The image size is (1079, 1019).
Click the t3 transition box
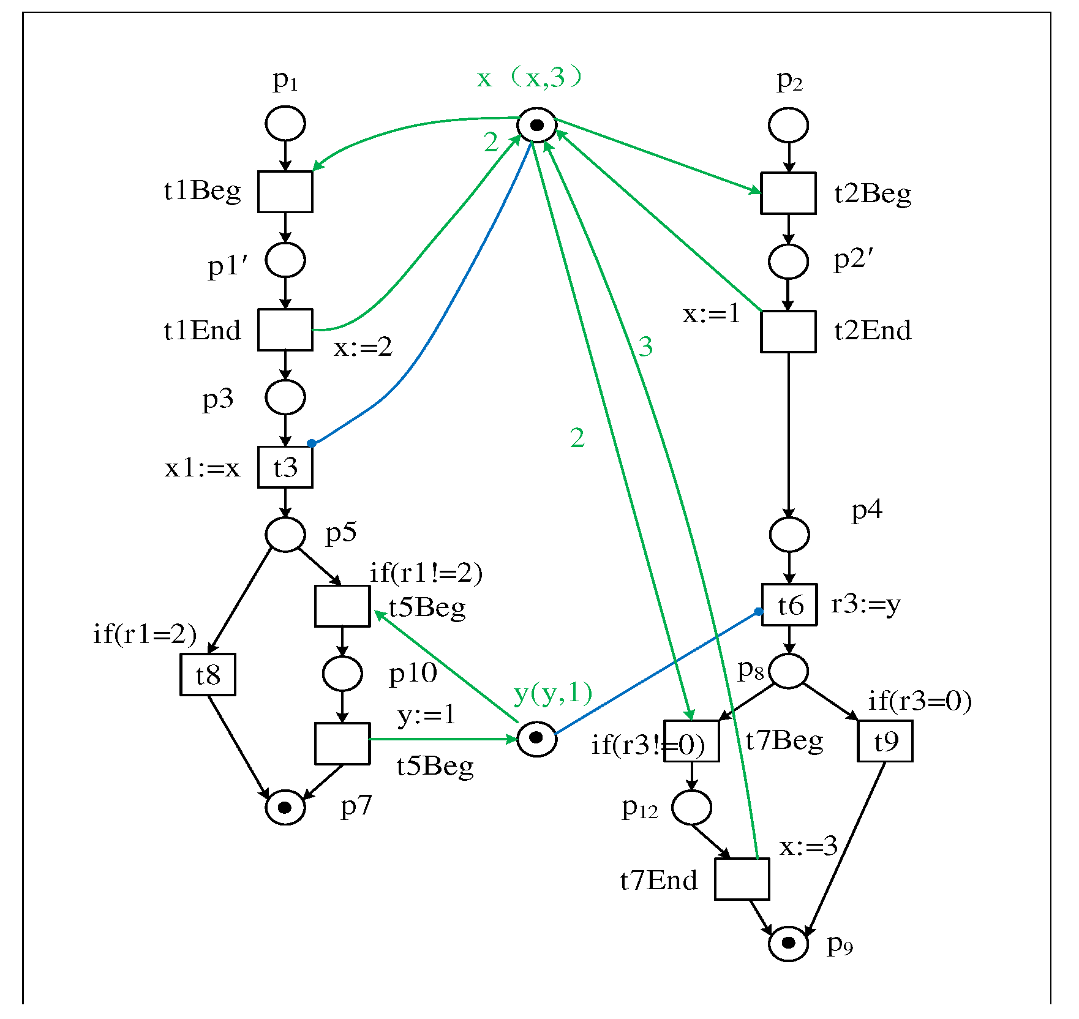(x=285, y=467)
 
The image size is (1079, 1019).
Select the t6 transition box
(x=789, y=605)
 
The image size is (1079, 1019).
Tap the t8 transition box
(x=208, y=675)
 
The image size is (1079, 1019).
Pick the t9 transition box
(x=885, y=741)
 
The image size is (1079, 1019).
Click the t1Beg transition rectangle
(x=285, y=192)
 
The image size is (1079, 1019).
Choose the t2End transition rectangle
(x=788, y=331)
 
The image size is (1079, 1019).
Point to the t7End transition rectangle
(x=742, y=879)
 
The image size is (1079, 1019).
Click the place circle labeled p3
(x=285, y=397)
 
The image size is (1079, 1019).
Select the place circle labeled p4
(x=789, y=534)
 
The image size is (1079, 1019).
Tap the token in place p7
(x=285, y=808)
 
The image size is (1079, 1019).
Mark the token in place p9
(x=789, y=942)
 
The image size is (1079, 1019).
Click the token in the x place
(x=537, y=126)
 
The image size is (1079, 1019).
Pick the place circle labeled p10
(x=342, y=674)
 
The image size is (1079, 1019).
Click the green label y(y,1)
(x=554, y=693)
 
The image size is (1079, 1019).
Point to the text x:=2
(x=363, y=347)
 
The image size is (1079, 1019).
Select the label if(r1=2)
(x=145, y=634)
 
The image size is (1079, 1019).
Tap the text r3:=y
(x=866, y=604)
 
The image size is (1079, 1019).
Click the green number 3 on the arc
(x=645, y=347)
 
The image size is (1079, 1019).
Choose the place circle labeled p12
(x=691, y=808)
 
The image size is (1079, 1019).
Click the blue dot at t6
(x=758, y=611)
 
